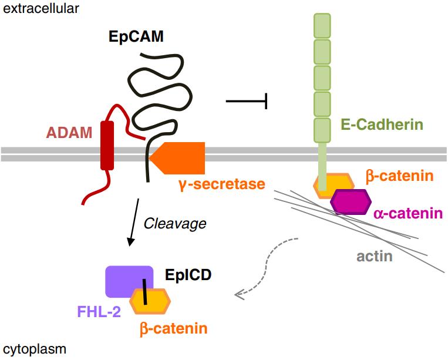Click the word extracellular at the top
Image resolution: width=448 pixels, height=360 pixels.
[41, 8]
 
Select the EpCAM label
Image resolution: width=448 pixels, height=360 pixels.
[136, 36]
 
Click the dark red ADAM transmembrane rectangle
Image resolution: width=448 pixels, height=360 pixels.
[107, 145]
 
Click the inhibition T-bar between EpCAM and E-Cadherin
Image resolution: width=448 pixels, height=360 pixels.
[247, 102]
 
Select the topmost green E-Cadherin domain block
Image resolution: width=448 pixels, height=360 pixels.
[322, 25]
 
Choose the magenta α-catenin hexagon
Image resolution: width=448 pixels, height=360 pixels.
[351, 203]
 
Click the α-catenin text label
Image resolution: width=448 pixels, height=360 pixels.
[407, 213]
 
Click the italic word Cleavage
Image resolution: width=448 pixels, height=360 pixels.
[175, 223]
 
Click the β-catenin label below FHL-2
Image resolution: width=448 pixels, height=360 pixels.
[173, 328]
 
